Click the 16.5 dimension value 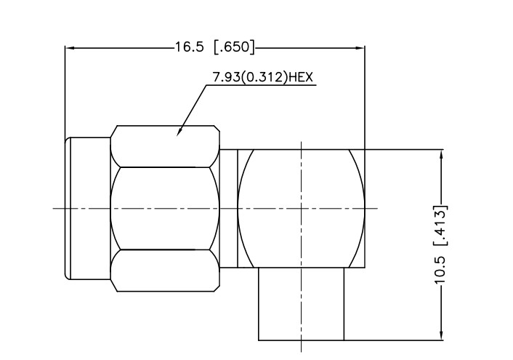coord(190,47)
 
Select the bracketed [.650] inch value coord(234,47)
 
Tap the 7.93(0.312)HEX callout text coord(263,77)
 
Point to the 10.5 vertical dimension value coord(440,271)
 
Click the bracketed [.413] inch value coord(440,225)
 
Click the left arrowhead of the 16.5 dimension coord(71,48)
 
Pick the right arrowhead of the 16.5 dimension coord(359,48)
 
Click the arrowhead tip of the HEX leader coord(177,135)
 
